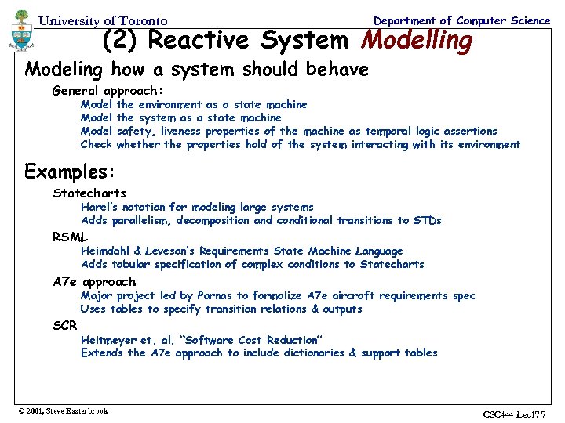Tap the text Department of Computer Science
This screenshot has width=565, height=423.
[x=461, y=20]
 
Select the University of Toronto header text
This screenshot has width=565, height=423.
[x=103, y=21]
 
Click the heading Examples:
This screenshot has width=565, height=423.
[x=71, y=171]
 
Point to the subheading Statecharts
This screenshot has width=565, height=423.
[x=89, y=193]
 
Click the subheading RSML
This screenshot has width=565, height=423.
[x=71, y=237]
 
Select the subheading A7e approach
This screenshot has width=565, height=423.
[x=94, y=281]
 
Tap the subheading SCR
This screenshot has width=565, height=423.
[x=65, y=325]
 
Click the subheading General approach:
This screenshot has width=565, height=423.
[x=108, y=91]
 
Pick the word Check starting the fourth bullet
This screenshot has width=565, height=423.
[x=97, y=144]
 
